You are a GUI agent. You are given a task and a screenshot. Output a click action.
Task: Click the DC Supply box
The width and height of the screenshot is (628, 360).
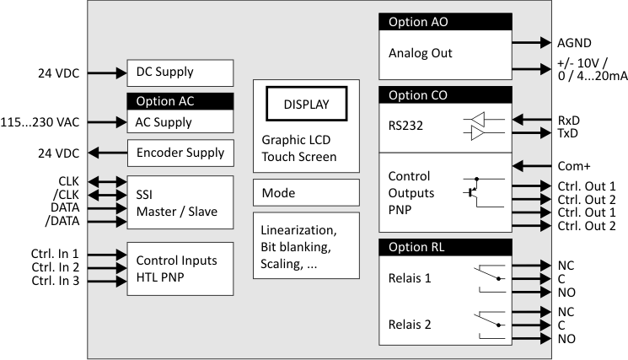[180, 73]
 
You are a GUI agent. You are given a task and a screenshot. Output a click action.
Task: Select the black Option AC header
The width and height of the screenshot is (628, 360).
[180, 101]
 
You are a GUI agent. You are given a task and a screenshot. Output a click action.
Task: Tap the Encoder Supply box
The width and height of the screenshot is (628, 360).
[180, 153]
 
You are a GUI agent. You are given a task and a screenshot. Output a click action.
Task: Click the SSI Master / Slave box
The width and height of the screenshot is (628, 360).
[180, 202]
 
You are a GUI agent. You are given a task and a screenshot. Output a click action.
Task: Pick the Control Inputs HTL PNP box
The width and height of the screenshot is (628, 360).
[180, 268]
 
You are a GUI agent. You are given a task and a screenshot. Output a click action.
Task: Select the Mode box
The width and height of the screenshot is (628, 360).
[306, 193]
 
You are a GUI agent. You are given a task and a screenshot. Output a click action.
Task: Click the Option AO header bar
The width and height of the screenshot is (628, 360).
[445, 22]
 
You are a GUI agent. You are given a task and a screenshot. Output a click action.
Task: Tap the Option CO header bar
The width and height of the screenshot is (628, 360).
[445, 94]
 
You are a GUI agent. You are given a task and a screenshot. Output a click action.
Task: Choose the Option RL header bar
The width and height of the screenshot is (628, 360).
[445, 246]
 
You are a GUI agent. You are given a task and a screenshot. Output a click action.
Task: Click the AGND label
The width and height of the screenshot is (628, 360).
[575, 42]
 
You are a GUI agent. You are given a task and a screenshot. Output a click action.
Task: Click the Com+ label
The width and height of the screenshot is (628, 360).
[574, 166]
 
